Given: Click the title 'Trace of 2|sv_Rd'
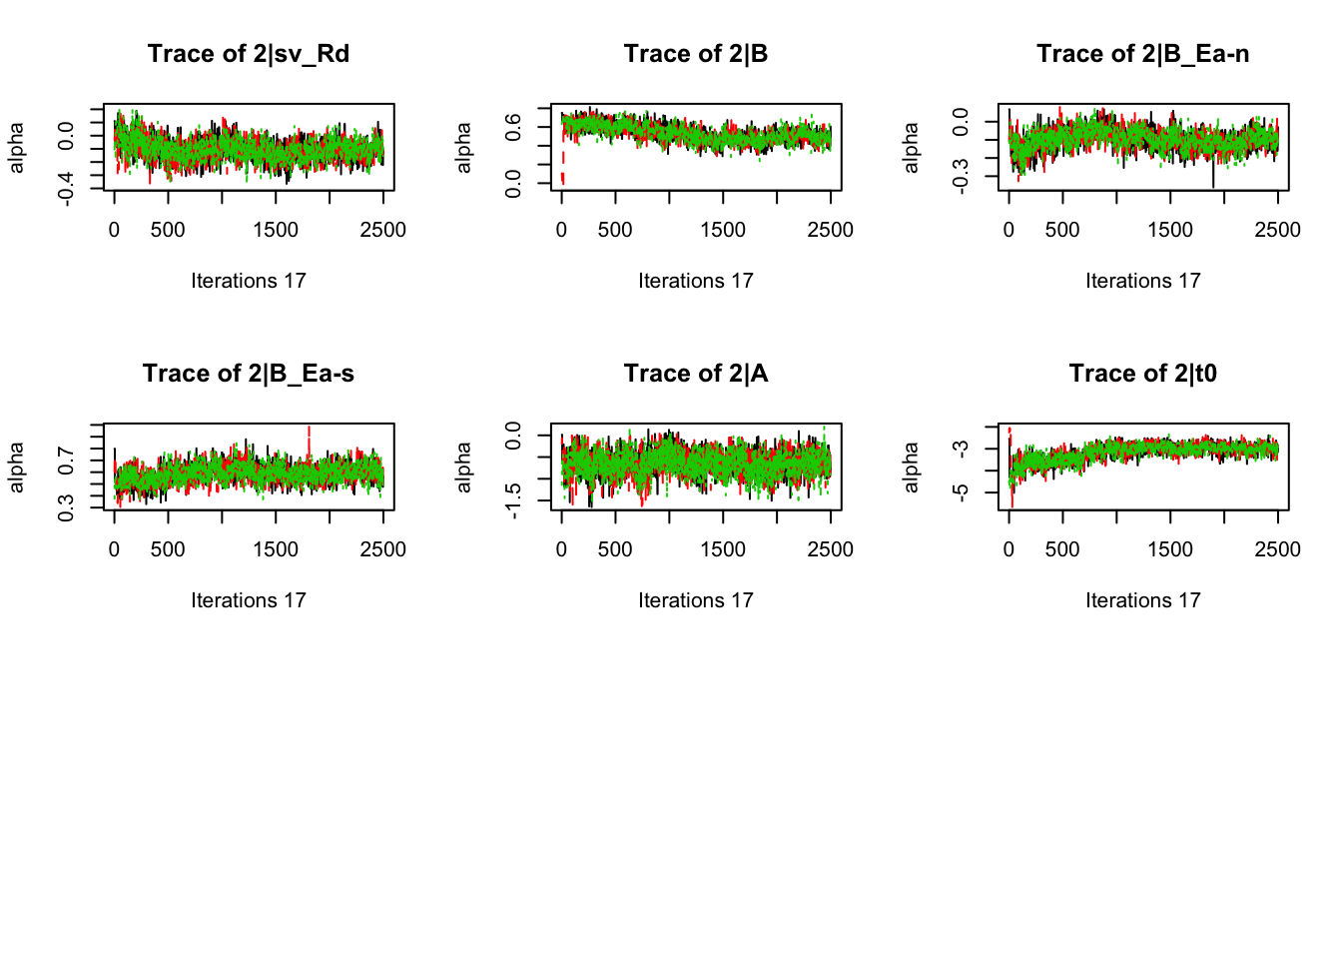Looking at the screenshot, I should (x=249, y=54).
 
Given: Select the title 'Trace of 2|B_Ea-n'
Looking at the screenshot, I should (x=1142, y=54).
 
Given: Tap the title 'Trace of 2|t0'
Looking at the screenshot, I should (x=1142, y=374).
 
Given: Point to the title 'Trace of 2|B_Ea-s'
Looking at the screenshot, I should (x=249, y=374).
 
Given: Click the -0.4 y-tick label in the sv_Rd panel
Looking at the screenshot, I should (x=66, y=188).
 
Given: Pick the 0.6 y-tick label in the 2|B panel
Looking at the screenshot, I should (x=513, y=127).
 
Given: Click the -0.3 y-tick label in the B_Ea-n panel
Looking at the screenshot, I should (x=961, y=178).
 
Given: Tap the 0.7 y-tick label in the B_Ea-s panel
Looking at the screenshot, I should (x=66, y=462).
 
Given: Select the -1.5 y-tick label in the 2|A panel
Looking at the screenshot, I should (x=513, y=499).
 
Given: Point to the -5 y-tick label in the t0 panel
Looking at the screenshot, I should (x=961, y=492).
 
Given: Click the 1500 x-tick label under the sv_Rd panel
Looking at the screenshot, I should (x=276, y=230).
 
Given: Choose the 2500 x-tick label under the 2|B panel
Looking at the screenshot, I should (x=830, y=230).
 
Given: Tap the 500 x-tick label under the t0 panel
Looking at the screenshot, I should (x=1062, y=549).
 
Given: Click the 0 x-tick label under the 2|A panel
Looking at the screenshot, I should (x=561, y=549).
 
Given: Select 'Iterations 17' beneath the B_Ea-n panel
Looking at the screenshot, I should (x=1142, y=281).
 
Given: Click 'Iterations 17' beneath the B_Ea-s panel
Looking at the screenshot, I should (x=249, y=600).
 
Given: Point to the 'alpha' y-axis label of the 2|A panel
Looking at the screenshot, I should (x=463, y=468).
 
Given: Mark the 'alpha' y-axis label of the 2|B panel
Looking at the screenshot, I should (x=463, y=148).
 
